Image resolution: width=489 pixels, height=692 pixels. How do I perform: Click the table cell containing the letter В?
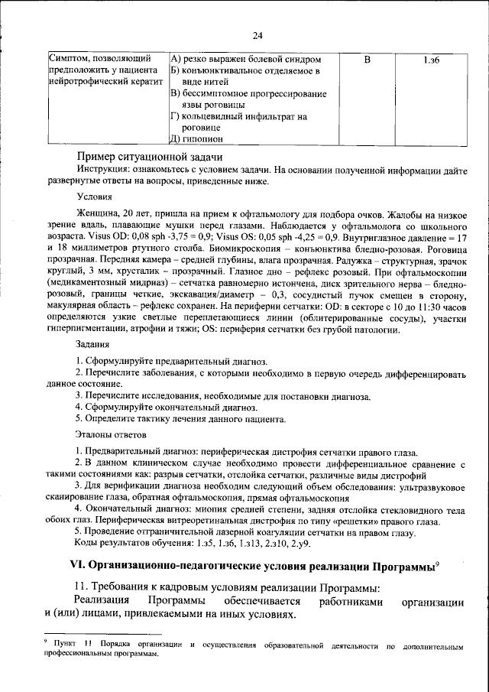pos(367,59)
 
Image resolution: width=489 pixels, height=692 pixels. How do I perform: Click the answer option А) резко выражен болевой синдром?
pos(244,59)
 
